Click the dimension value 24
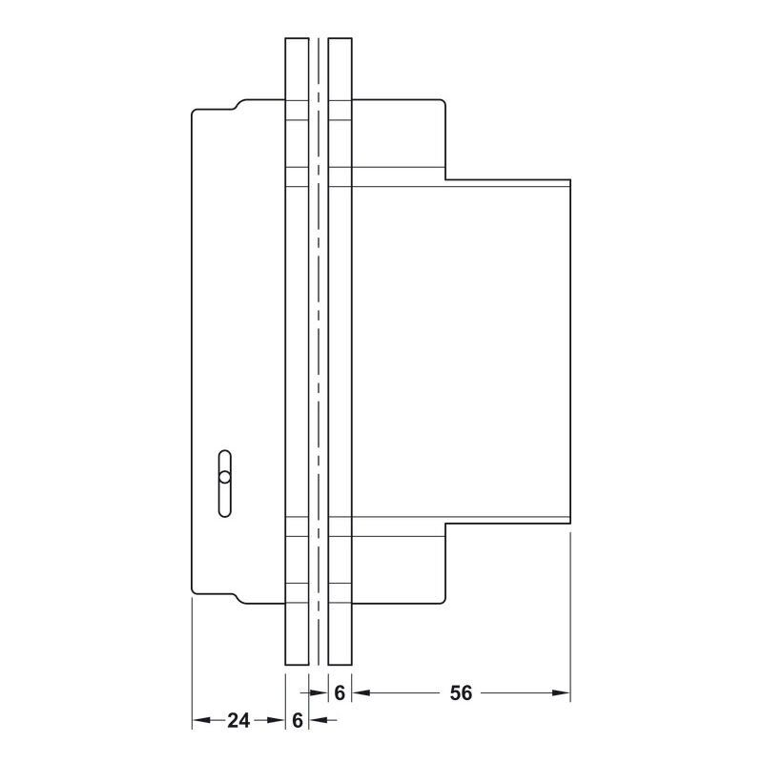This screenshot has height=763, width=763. click(238, 720)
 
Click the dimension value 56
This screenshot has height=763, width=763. click(461, 692)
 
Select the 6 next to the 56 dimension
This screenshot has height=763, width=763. click(340, 692)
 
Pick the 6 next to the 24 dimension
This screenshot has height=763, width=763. click(298, 720)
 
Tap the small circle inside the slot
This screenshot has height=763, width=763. click(224, 477)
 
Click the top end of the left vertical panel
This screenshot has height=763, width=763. click(297, 38)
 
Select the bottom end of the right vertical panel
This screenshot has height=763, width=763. click(340, 664)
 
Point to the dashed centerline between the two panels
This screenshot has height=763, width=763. click(319, 351)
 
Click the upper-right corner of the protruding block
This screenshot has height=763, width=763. click(569, 180)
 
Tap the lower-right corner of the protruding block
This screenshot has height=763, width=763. click(569, 524)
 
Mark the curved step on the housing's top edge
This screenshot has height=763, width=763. click(237, 105)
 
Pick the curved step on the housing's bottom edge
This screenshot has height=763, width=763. click(237, 599)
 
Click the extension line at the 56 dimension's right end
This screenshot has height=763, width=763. click(569, 617)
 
